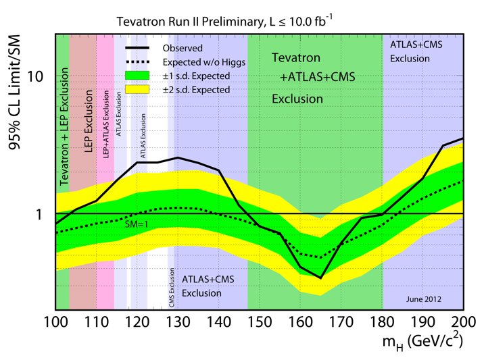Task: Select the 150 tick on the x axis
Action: pos(260,321)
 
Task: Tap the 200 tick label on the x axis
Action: pos(463,321)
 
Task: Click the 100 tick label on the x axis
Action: pos(56,321)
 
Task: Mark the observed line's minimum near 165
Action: pos(320,278)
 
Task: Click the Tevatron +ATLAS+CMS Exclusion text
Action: pos(312,79)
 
